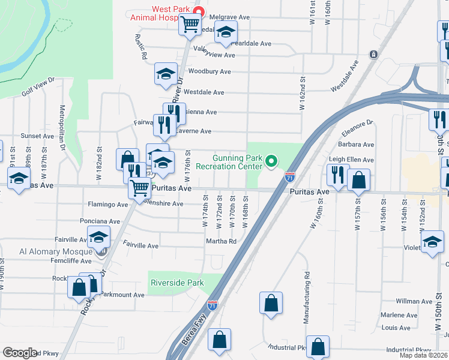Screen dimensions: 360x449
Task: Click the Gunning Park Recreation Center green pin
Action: point(271,161)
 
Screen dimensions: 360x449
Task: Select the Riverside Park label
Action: point(177,283)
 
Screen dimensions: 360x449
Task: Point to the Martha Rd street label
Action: point(222,241)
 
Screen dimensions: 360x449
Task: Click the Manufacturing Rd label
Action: point(307,298)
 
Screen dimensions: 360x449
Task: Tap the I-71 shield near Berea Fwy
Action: point(212,305)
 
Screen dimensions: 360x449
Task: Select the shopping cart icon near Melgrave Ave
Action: point(190,24)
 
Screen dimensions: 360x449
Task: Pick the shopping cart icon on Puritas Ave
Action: point(140,187)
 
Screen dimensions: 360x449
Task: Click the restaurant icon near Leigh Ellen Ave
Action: point(338,175)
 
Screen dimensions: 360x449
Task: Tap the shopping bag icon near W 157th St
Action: point(358,179)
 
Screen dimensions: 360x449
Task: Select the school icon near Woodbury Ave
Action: point(166,74)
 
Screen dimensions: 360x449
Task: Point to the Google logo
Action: point(19,352)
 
